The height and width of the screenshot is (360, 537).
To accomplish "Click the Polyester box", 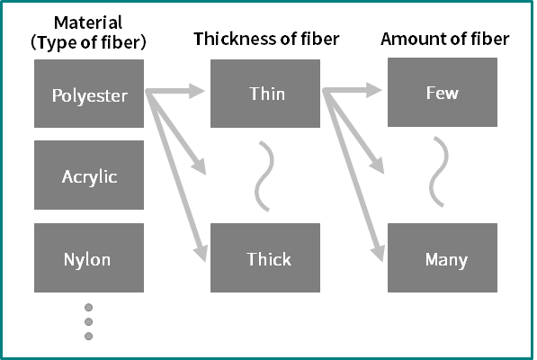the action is point(89,94).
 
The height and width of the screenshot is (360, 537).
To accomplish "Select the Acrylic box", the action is point(89,175).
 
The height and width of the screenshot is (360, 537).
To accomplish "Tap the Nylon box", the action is point(89,258).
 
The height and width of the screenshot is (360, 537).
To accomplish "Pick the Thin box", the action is point(265,94).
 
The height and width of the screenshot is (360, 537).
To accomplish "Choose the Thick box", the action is point(265,258).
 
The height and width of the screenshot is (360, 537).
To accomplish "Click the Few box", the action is point(443,92).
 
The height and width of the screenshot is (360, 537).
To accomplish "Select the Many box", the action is point(443,258).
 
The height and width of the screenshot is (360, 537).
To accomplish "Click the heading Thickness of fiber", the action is point(266,39).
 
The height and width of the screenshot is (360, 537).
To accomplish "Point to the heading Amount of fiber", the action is point(445,39).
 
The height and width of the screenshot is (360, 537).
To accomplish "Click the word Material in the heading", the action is point(88,22).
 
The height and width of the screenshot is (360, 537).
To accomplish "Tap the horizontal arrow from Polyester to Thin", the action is point(175,91).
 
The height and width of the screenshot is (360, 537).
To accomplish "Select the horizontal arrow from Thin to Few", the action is point(352,90).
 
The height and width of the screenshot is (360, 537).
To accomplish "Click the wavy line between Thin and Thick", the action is point(264,176).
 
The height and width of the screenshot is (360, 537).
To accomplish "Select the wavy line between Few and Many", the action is point(439,172).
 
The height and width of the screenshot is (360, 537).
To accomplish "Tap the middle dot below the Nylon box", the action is point(89,322).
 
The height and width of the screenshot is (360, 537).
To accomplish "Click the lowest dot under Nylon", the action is point(89,337).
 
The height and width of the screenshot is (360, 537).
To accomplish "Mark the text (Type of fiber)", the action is point(88,42).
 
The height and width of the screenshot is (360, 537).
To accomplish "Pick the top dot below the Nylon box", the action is point(89,308).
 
